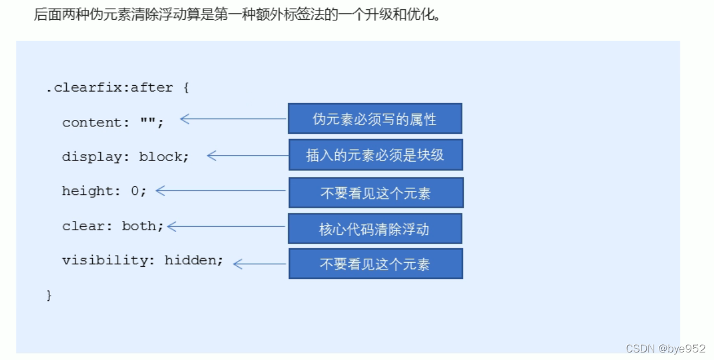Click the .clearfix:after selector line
point(110,88)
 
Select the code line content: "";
point(113,123)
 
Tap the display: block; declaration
point(125,157)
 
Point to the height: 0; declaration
point(104,191)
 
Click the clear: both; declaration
point(113,226)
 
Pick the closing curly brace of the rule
point(49,295)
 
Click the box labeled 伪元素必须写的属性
point(375,119)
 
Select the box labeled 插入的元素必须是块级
point(375,155)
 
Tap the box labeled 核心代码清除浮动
point(375,229)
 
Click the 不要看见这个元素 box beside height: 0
point(376,193)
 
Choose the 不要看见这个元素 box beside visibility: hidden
point(375,264)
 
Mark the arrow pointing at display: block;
point(248,155)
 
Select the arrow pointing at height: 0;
point(221,190)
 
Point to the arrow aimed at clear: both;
point(226,227)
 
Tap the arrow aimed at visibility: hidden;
point(259,264)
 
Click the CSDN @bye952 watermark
point(666,348)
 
